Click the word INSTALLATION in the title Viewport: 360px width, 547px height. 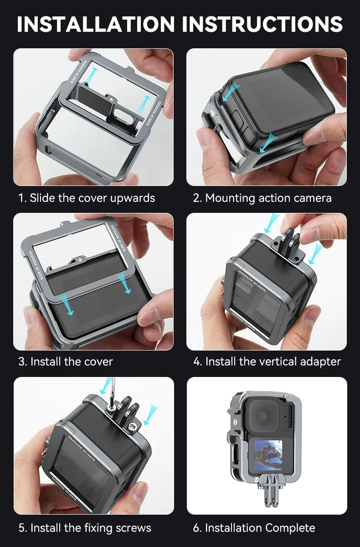pyautogui.click(x=96, y=24)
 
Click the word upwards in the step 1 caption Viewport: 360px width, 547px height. pyautogui.click(x=133, y=198)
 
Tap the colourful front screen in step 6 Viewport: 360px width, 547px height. pyautogui.click(x=268, y=455)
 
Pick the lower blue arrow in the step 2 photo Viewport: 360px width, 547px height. pyautogui.click(x=268, y=143)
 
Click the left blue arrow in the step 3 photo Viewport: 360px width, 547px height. pyautogui.click(x=67, y=304)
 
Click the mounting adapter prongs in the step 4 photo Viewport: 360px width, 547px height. pyautogui.click(x=291, y=244)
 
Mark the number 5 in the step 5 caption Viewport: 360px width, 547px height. pyautogui.click(x=22, y=528)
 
